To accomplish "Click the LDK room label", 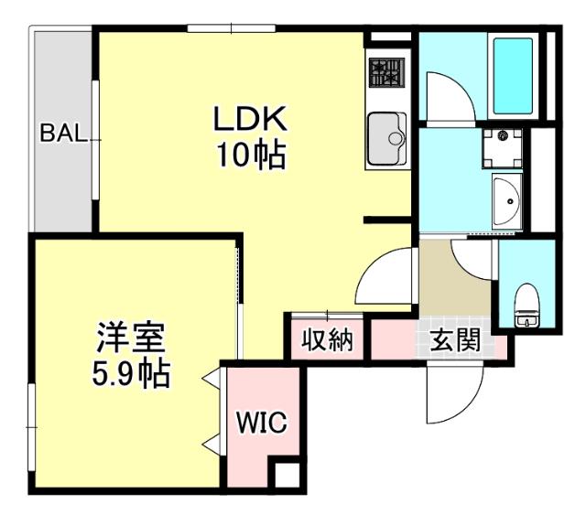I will [251, 119].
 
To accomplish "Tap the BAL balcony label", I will [63, 134].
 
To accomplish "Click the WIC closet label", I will [262, 423].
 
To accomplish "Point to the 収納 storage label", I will [328, 341].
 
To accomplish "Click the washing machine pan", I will [502, 146].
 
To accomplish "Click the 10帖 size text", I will [251, 155].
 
